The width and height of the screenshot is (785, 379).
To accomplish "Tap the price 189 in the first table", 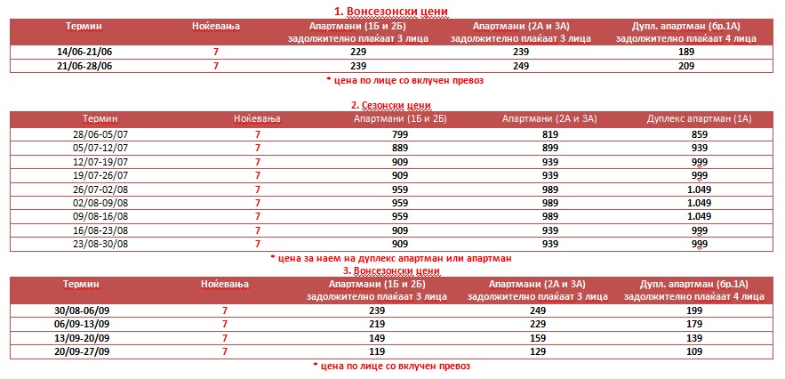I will pos(685,52).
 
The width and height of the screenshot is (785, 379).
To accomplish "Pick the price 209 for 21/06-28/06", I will pos(685,66).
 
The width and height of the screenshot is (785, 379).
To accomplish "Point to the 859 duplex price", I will pos(699,134).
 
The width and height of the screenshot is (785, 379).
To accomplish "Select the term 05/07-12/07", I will pos(100,148).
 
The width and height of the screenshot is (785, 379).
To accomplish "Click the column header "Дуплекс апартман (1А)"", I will pos(699,118).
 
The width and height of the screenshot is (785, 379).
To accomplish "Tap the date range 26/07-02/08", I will pos(100,189).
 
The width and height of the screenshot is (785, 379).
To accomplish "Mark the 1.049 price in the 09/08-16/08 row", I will pos(699,216).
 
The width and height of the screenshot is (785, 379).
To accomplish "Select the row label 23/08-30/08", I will pos(100,243).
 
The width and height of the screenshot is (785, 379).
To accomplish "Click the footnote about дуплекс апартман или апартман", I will pos(391,258).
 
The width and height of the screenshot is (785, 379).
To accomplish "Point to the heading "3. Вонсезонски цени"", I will pos(391,270).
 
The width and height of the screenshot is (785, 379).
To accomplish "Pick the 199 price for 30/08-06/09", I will pos(701,311).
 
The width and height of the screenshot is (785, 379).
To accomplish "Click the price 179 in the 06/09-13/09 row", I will pos(701,325).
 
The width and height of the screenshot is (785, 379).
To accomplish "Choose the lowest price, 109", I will pos(701,351).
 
